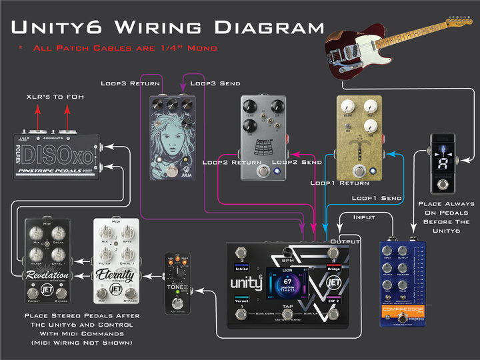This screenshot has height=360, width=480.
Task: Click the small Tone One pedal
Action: tap(178, 283)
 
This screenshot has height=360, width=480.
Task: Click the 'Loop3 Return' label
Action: tap(130, 83)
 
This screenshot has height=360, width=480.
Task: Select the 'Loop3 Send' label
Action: tap(215, 83)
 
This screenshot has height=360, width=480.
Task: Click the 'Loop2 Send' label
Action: tap(297, 162)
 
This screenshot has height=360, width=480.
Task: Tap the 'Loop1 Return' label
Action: tap(339, 182)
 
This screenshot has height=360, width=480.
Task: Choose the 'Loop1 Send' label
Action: tap(377, 198)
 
